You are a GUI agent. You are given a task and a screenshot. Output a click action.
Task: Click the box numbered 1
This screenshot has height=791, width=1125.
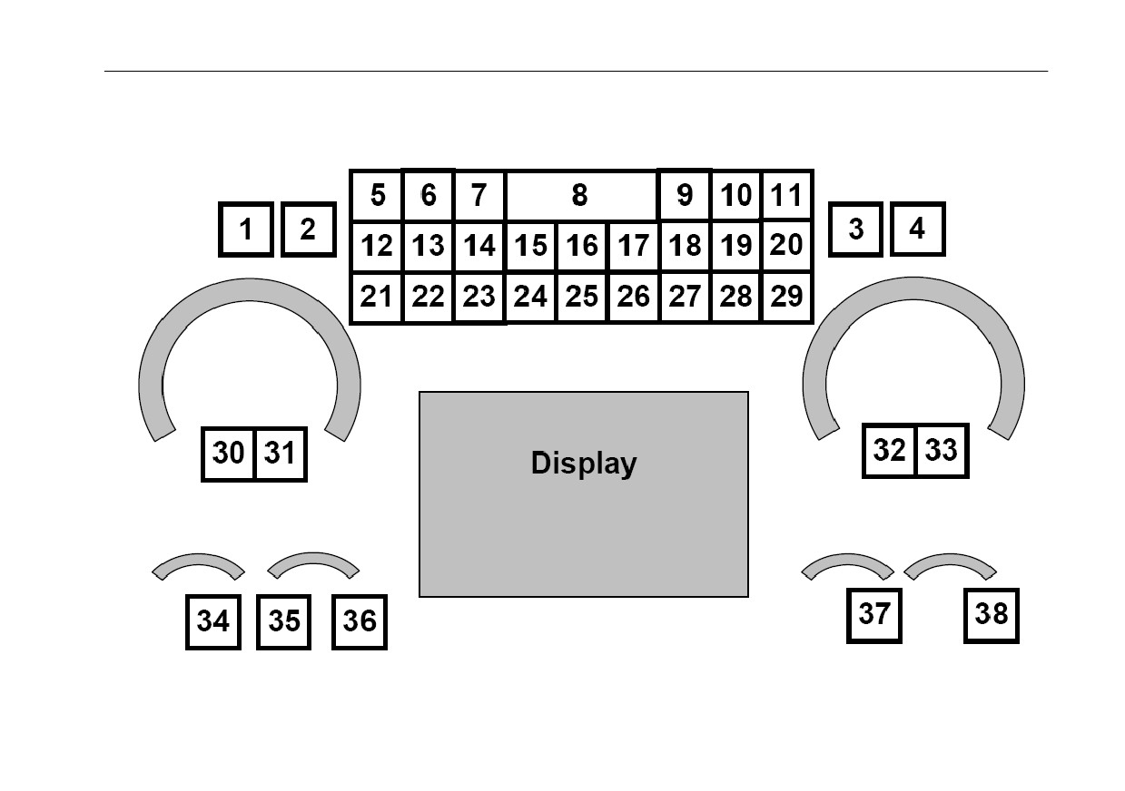(x=246, y=229)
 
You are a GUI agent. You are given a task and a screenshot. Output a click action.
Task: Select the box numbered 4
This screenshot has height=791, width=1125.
(x=918, y=229)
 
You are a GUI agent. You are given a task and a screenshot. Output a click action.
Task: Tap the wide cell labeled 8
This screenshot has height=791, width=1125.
(x=580, y=195)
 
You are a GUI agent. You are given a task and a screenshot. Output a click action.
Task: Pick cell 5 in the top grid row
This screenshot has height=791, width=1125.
(x=377, y=195)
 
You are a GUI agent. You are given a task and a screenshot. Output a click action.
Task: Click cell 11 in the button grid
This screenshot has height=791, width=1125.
(x=786, y=195)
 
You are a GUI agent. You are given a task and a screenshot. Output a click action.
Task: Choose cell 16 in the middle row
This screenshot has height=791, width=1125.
(x=582, y=246)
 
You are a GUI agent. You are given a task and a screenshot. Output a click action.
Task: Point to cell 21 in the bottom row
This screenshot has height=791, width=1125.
(x=377, y=298)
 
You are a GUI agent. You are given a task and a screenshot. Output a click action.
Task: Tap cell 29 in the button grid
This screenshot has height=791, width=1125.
(x=786, y=298)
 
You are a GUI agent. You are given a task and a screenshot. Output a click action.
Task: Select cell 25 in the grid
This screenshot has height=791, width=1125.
(x=582, y=298)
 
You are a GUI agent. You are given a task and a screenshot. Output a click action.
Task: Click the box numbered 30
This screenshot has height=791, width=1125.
(x=229, y=454)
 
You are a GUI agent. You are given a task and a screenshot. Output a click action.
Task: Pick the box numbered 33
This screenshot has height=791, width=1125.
(x=942, y=450)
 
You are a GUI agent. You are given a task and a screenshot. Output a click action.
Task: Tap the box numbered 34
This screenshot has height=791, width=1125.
(x=213, y=622)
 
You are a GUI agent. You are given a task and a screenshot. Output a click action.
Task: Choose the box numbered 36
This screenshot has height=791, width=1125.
(x=359, y=622)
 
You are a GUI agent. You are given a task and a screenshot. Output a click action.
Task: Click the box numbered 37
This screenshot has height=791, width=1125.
(x=873, y=615)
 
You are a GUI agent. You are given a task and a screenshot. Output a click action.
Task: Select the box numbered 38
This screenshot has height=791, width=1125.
(x=992, y=615)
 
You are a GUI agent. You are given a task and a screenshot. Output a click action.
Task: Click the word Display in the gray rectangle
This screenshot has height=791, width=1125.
(x=584, y=464)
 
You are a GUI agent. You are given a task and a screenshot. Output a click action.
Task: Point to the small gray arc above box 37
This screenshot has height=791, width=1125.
(x=847, y=560)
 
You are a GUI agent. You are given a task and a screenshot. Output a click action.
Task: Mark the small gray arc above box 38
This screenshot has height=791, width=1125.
(x=951, y=560)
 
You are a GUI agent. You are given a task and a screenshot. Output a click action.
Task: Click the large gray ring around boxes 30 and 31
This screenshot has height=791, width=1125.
(x=250, y=290)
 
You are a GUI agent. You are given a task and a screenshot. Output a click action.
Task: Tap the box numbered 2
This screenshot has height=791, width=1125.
(x=309, y=229)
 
